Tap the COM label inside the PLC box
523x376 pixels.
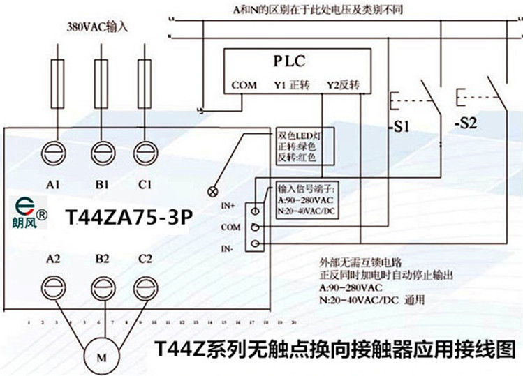point(244,85)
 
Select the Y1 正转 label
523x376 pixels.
point(291,85)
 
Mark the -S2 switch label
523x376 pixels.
point(465,124)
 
